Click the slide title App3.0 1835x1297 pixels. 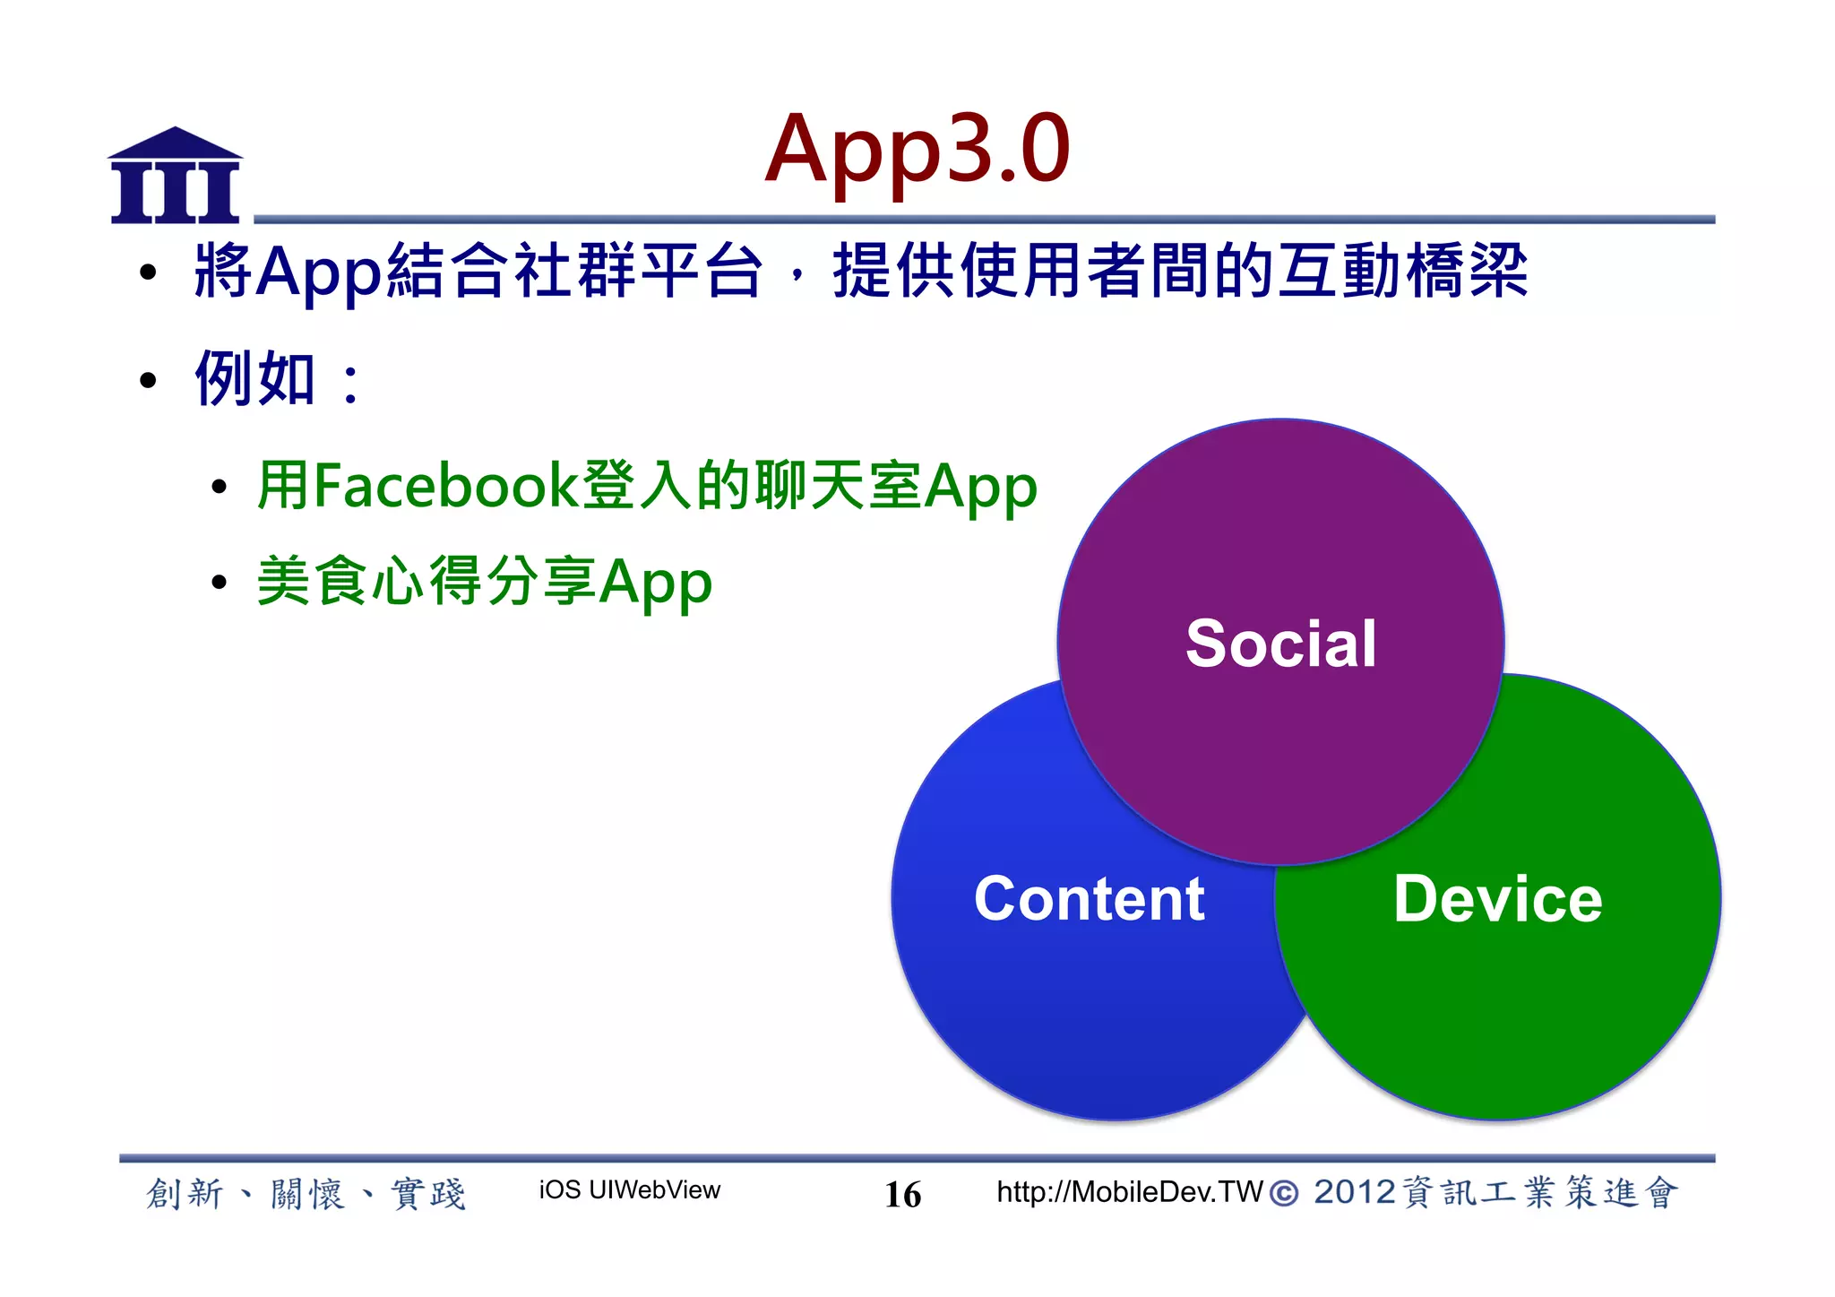click(917, 149)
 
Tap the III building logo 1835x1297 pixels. click(175, 177)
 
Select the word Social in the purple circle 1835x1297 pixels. click(1280, 644)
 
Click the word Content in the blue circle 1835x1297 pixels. click(1089, 899)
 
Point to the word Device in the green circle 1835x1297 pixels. click(1497, 899)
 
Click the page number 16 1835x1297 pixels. click(902, 1194)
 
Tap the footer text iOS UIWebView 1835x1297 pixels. click(629, 1190)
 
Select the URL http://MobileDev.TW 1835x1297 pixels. click(1129, 1192)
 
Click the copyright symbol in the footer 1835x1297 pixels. click(1284, 1193)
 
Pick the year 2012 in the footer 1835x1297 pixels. click(1354, 1192)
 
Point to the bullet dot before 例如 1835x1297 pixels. click(149, 381)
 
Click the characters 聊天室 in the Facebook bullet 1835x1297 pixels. click(838, 486)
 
